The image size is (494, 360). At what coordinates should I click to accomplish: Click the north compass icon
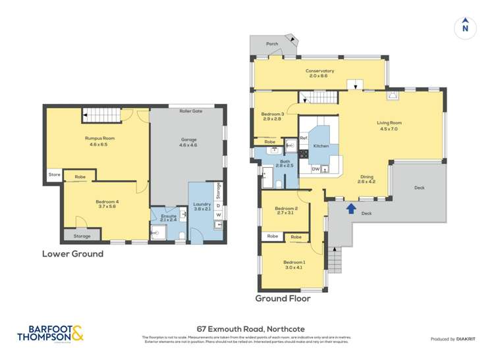pyautogui.click(x=465, y=27)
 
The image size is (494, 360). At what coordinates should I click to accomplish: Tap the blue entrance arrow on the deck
pyautogui.click(x=351, y=209)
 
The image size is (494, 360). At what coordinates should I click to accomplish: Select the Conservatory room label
pyautogui.click(x=319, y=71)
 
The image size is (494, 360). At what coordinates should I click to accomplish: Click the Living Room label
pyautogui.click(x=389, y=123)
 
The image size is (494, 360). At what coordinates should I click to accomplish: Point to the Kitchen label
pyautogui.click(x=321, y=145)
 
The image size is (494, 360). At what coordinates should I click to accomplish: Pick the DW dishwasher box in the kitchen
pyautogui.click(x=316, y=169)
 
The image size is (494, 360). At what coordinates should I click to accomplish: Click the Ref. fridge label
pyautogui.click(x=304, y=138)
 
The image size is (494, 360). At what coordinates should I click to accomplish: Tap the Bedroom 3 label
pyautogui.click(x=273, y=114)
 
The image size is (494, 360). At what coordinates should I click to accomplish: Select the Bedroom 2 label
pyautogui.click(x=287, y=209)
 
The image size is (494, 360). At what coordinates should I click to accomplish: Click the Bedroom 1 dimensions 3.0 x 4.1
pyautogui.click(x=294, y=267)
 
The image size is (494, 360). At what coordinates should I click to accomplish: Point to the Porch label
pyautogui.click(x=271, y=44)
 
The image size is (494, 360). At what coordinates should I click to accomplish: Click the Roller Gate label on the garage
pyautogui.click(x=190, y=111)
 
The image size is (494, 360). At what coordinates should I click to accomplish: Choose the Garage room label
pyautogui.click(x=189, y=139)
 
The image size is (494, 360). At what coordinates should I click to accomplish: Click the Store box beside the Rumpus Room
pyautogui.click(x=53, y=175)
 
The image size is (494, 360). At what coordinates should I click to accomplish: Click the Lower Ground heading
pyautogui.click(x=72, y=253)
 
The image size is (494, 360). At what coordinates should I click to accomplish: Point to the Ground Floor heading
pyautogui.click(x=283, y=298)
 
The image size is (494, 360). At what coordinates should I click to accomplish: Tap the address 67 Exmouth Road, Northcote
pyautogui.click(x=251, y=328)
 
